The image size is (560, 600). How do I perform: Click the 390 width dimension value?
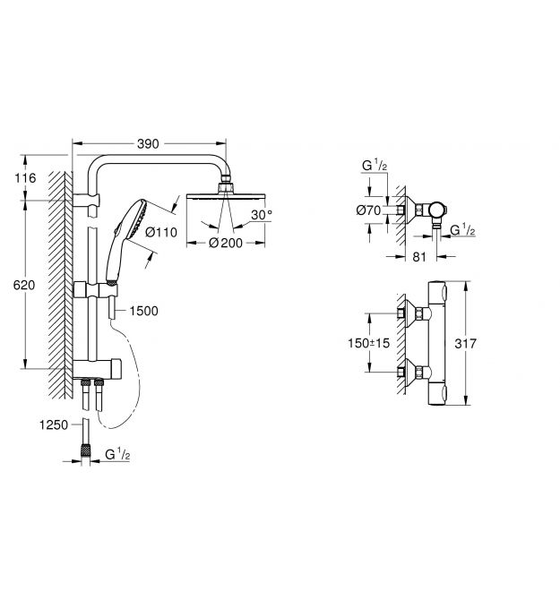[x=148, y=144]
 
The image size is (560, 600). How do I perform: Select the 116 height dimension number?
[x=25, y=178]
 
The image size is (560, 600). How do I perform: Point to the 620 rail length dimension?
[x=23, y=285]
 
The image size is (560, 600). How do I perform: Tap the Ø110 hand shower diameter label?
[x=161, y=232]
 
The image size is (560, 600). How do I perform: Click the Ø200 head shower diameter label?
[x=226, y=243]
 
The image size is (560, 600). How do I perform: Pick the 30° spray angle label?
[x=262, y=215]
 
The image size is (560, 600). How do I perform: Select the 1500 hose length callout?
[x=143, y=311]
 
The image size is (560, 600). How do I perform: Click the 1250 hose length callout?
[x=54, y=424]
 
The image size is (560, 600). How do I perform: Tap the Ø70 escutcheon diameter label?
[x=368, y=210]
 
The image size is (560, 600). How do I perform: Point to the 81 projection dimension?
[x=419, y=257]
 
